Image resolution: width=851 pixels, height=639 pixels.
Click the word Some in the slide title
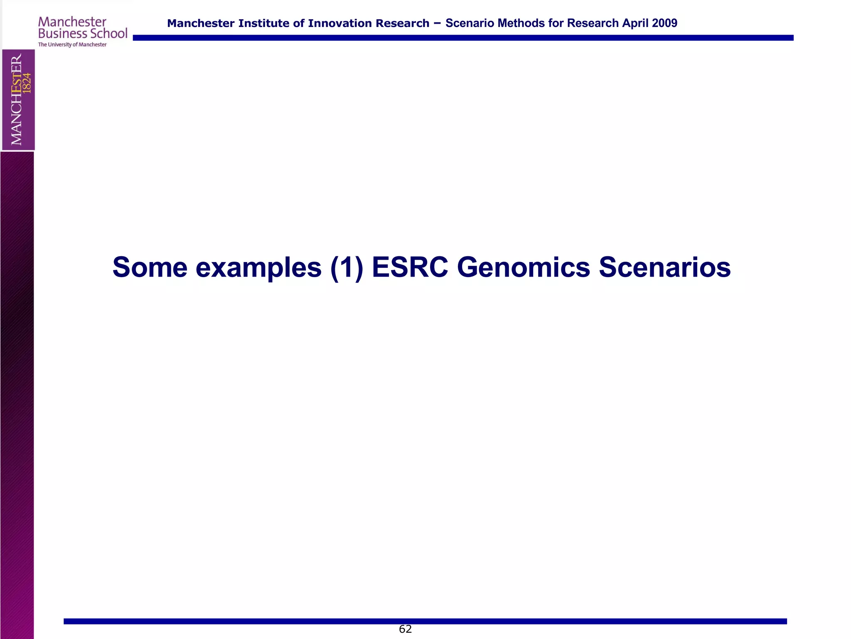click(150, 267)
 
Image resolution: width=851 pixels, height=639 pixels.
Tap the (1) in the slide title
click(347, 267)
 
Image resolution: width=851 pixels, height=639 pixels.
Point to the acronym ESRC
click(410, 267)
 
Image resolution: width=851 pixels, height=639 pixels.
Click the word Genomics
click(523, 267)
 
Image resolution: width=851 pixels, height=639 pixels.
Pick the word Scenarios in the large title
click(664, 267)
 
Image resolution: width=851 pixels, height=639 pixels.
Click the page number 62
click(405, 629)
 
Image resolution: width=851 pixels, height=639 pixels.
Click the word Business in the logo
click(63, 34)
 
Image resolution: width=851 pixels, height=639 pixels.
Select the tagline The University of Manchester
click(72, 45)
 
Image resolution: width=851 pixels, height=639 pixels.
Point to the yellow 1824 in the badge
click(27, 83)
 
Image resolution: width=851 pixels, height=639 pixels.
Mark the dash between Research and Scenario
click(437, 23)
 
